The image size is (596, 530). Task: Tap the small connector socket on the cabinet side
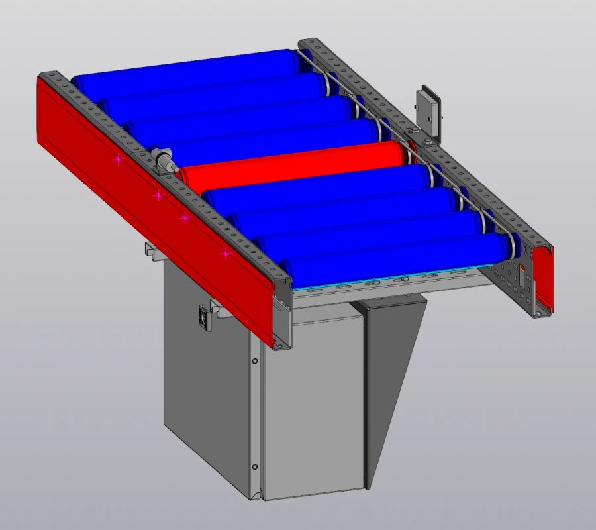point(204,318)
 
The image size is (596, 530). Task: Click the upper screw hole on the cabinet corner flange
point(254,362)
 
